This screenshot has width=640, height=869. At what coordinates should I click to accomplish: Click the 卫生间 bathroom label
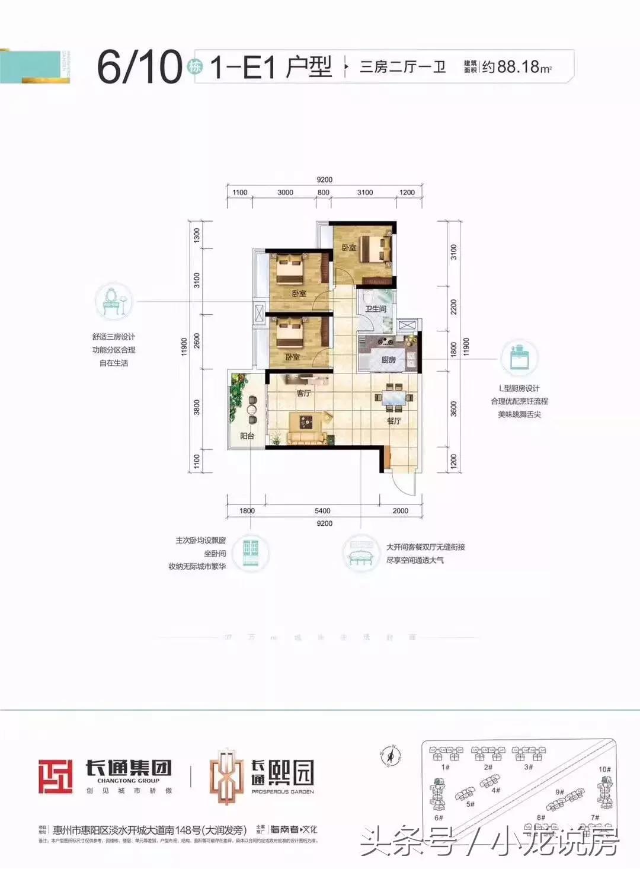(x=376, y=309)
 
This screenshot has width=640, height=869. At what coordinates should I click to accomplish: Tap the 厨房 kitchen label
(x=389, y=360)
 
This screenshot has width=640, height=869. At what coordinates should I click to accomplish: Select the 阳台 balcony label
(x=247, y=436)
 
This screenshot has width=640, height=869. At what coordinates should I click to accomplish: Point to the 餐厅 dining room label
(x=393, y=421)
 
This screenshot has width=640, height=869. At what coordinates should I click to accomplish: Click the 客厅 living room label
(x=303, y=393)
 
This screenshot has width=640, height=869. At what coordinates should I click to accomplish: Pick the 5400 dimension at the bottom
(x=323, y=510)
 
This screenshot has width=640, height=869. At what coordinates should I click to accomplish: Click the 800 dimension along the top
(x=324, y=192)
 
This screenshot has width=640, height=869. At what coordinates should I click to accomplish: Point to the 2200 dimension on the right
(x=454, y=306)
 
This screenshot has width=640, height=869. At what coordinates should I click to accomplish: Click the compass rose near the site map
(x=391, y=756)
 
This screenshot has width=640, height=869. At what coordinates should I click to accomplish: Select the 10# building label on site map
(x=604, y=769)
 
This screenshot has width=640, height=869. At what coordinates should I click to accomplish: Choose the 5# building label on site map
(x=471, y=804)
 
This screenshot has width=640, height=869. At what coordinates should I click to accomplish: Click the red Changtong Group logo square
(x=56, y=777)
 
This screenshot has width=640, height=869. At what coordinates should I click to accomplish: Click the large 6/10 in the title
(x=140, y=66)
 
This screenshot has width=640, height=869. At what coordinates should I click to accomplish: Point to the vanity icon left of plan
(x=114, y=301)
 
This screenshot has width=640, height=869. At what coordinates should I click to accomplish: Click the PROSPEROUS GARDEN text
(x=283, y=791)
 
